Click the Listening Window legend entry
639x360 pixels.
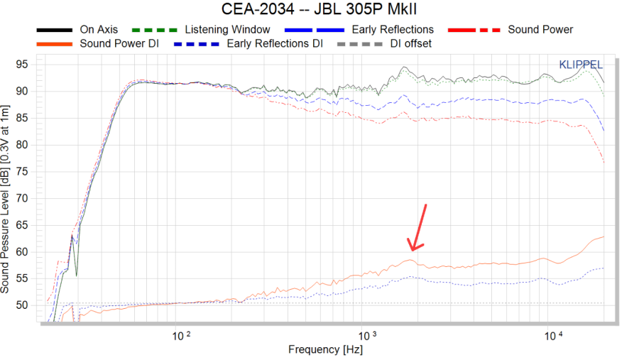click(227, 30)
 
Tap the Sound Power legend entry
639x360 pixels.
click(540, 30)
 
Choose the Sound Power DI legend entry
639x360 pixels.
click(116, 43)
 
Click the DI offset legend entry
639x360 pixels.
click(410, 43)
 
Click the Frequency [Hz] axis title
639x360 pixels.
click(324, 349)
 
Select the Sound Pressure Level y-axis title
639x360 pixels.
click(6, 199)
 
